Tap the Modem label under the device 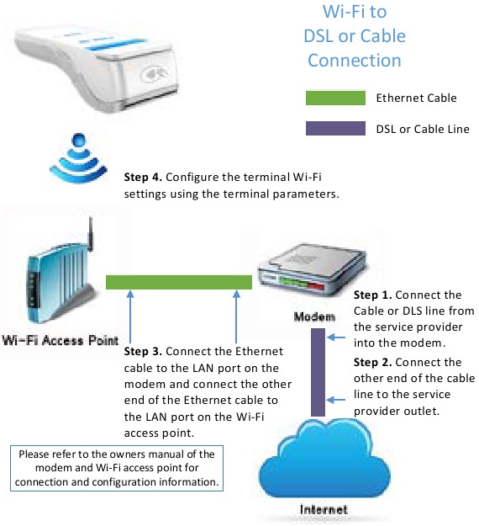pyautogui.click(x=313, y=316)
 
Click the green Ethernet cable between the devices pyautogui.click(x=178, y=282)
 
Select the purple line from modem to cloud pyautogui.click(x=318, y=371)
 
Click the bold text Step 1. pyautogui.click(x=371, y=295)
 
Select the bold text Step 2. pyautogui.click(x=371, y=362)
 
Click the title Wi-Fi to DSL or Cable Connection pyautogui.click(x=355, y=36)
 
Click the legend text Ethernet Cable pyautogui.click(x=416, y=98)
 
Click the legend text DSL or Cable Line pyautogui.click(x=423, y=130)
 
